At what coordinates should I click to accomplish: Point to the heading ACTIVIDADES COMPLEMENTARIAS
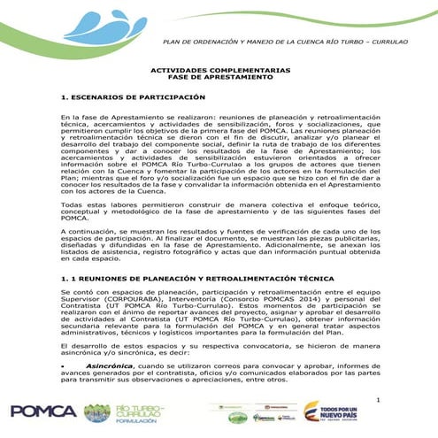click(219, 69)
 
